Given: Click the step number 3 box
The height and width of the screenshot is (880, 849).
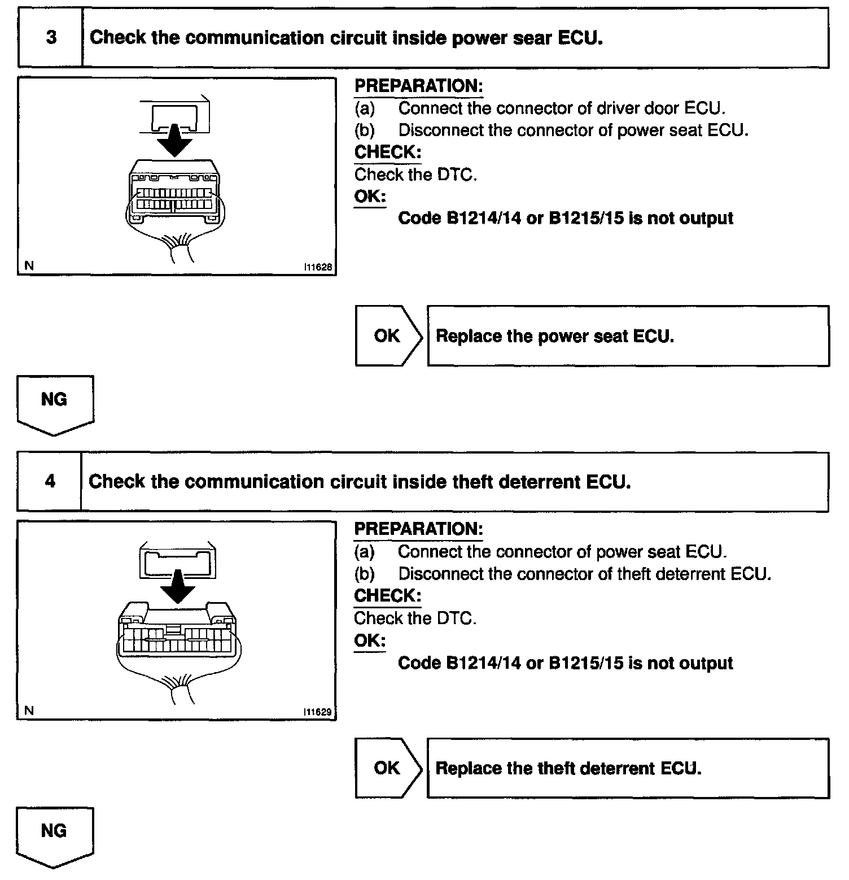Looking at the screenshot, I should coord(51,38).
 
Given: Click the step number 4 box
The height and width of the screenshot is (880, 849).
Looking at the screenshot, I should coord(50,482).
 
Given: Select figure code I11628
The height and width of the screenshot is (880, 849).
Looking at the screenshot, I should coord(318,268).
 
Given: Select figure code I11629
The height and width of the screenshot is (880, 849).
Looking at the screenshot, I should coord(318,712).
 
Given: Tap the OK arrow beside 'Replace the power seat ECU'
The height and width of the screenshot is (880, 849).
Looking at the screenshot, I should coord(388,336).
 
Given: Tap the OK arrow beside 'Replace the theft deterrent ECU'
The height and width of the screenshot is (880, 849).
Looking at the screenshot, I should coord(388,768).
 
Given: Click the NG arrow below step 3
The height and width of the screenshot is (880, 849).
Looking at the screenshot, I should coord(55,404).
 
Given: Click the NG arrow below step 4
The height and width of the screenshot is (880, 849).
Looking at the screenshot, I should coord(55,836).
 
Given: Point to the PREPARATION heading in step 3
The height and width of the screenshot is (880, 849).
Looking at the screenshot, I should coord(418,86).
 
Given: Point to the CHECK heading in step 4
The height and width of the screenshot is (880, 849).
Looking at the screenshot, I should coord(387,596).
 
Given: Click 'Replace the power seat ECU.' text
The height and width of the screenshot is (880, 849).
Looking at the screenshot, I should coord(555,337).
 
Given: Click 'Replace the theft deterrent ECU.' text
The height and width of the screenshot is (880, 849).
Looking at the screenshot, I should coord(568,769).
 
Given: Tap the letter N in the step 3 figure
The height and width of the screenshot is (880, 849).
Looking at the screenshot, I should coord(29,266).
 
